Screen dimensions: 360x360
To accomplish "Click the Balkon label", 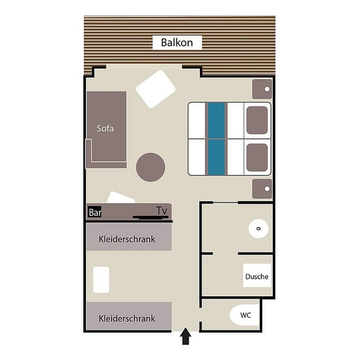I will pos(177,43).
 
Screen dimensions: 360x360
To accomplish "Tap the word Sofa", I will pos(105,129).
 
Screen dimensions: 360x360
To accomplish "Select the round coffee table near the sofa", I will pos(151,167).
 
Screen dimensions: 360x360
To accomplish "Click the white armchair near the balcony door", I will pos(156,89).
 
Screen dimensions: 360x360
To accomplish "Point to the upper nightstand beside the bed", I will pos(262,89).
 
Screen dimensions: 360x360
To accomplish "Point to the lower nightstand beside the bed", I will pos(262,188).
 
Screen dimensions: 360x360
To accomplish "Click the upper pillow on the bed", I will pos(257,120).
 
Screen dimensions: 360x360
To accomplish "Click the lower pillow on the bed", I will pos(257,157).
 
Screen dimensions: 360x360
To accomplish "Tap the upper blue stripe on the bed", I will pos(216,120).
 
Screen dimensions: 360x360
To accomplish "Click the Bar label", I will pos(94,213).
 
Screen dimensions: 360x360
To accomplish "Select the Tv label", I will pos(161,210).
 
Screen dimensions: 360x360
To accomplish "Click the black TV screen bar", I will pos(151,218).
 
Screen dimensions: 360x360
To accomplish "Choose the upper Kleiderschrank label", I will pos(127,239).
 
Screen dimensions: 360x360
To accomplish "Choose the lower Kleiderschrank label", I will pos(127,318).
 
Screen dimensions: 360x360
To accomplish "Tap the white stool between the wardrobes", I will pos(101,280).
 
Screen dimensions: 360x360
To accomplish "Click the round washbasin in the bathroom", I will pos(258,229).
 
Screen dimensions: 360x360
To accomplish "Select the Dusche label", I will pos(257,277).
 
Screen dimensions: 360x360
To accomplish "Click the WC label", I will pos(245,315).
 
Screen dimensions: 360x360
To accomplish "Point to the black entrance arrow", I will pos(185,337).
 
